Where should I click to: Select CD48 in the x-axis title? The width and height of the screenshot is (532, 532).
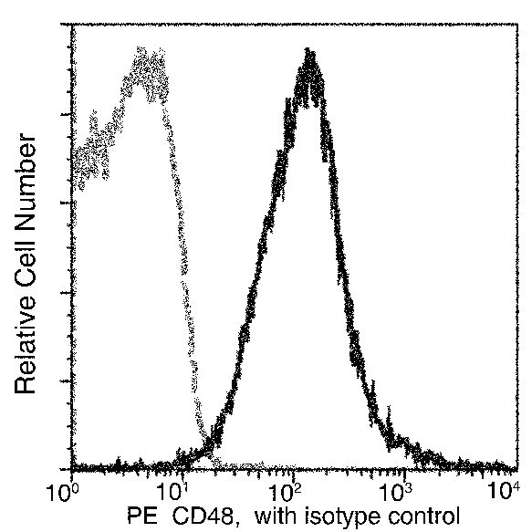[x=198, y=516]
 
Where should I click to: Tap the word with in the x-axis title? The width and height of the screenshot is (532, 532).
[x=275, y=516]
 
